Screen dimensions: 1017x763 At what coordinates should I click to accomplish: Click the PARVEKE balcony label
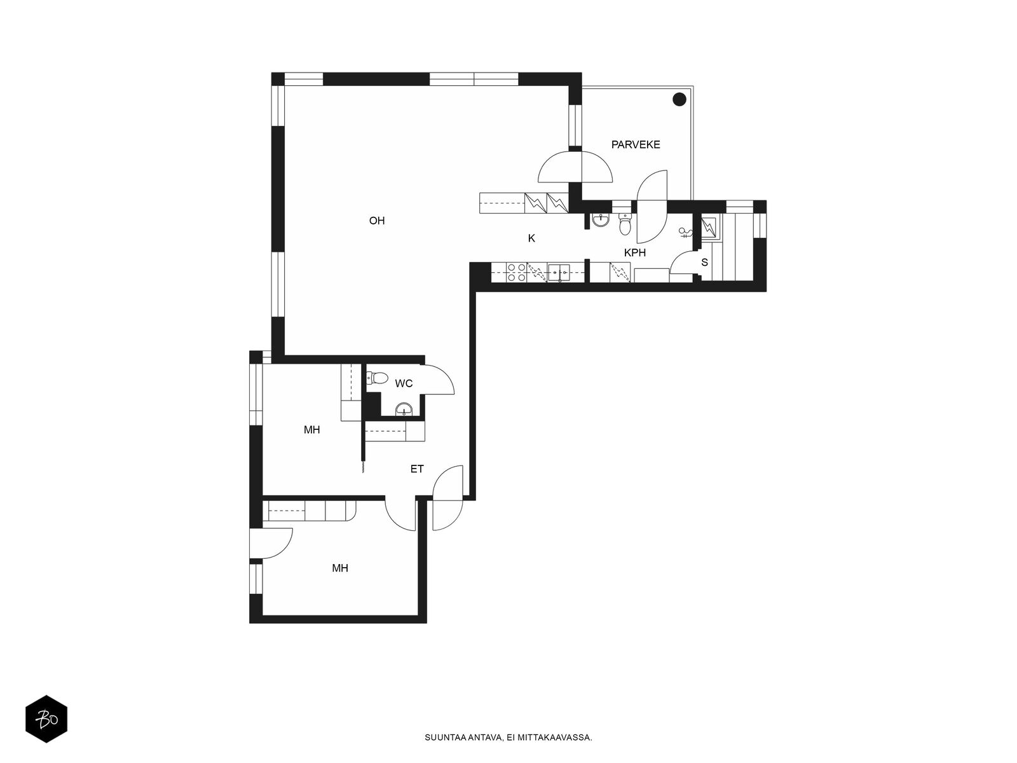click(635, 144)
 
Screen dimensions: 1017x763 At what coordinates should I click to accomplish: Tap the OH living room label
click(377, 221)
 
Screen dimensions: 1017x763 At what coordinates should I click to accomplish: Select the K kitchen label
click(531, 238)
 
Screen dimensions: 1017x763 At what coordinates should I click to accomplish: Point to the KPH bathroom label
click(635, 252)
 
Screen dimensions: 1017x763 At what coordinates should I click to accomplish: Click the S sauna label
click(704, 262)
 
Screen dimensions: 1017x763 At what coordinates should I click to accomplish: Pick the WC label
click(404, 383)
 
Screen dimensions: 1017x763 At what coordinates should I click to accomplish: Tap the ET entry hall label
click(416, 469)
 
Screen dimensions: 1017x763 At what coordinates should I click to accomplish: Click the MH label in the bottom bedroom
click(339, 568)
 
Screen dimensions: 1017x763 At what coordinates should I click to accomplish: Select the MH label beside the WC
click(312, 429)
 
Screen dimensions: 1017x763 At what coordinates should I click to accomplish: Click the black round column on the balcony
click(679, 99)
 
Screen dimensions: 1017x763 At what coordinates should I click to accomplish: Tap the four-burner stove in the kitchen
click(517, 272)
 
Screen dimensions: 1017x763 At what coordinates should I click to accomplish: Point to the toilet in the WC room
click(376, 378)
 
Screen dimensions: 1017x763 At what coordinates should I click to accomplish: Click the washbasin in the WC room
click(404, 409)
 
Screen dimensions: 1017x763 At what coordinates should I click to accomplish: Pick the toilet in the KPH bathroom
click(625, 224)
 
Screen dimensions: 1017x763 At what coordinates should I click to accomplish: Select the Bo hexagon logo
click(46, 720)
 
